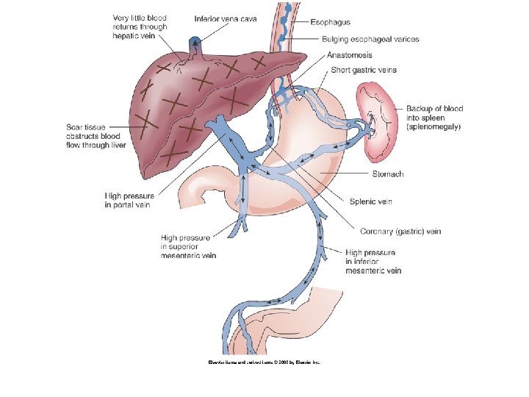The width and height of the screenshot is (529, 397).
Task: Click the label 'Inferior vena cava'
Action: point(226,18)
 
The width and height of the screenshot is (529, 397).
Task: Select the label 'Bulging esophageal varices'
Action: point(370,39)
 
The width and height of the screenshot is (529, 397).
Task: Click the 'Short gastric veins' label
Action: point(364,70)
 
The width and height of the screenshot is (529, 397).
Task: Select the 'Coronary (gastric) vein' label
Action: point(400,231)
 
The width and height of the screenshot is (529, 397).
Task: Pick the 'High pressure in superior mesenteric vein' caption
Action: point(189,247)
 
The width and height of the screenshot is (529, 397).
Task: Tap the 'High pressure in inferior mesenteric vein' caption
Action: point(373,262)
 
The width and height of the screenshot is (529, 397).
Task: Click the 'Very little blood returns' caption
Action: point(140,27)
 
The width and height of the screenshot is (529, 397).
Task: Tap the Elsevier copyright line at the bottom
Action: point(264,362)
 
